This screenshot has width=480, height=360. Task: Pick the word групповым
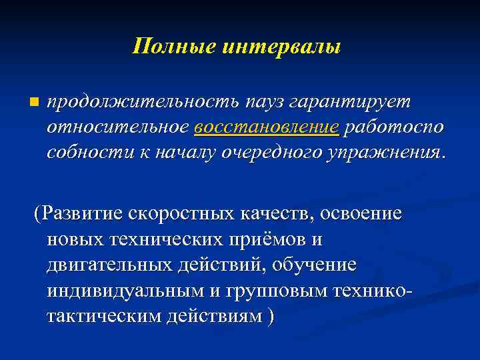click(273, 291)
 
